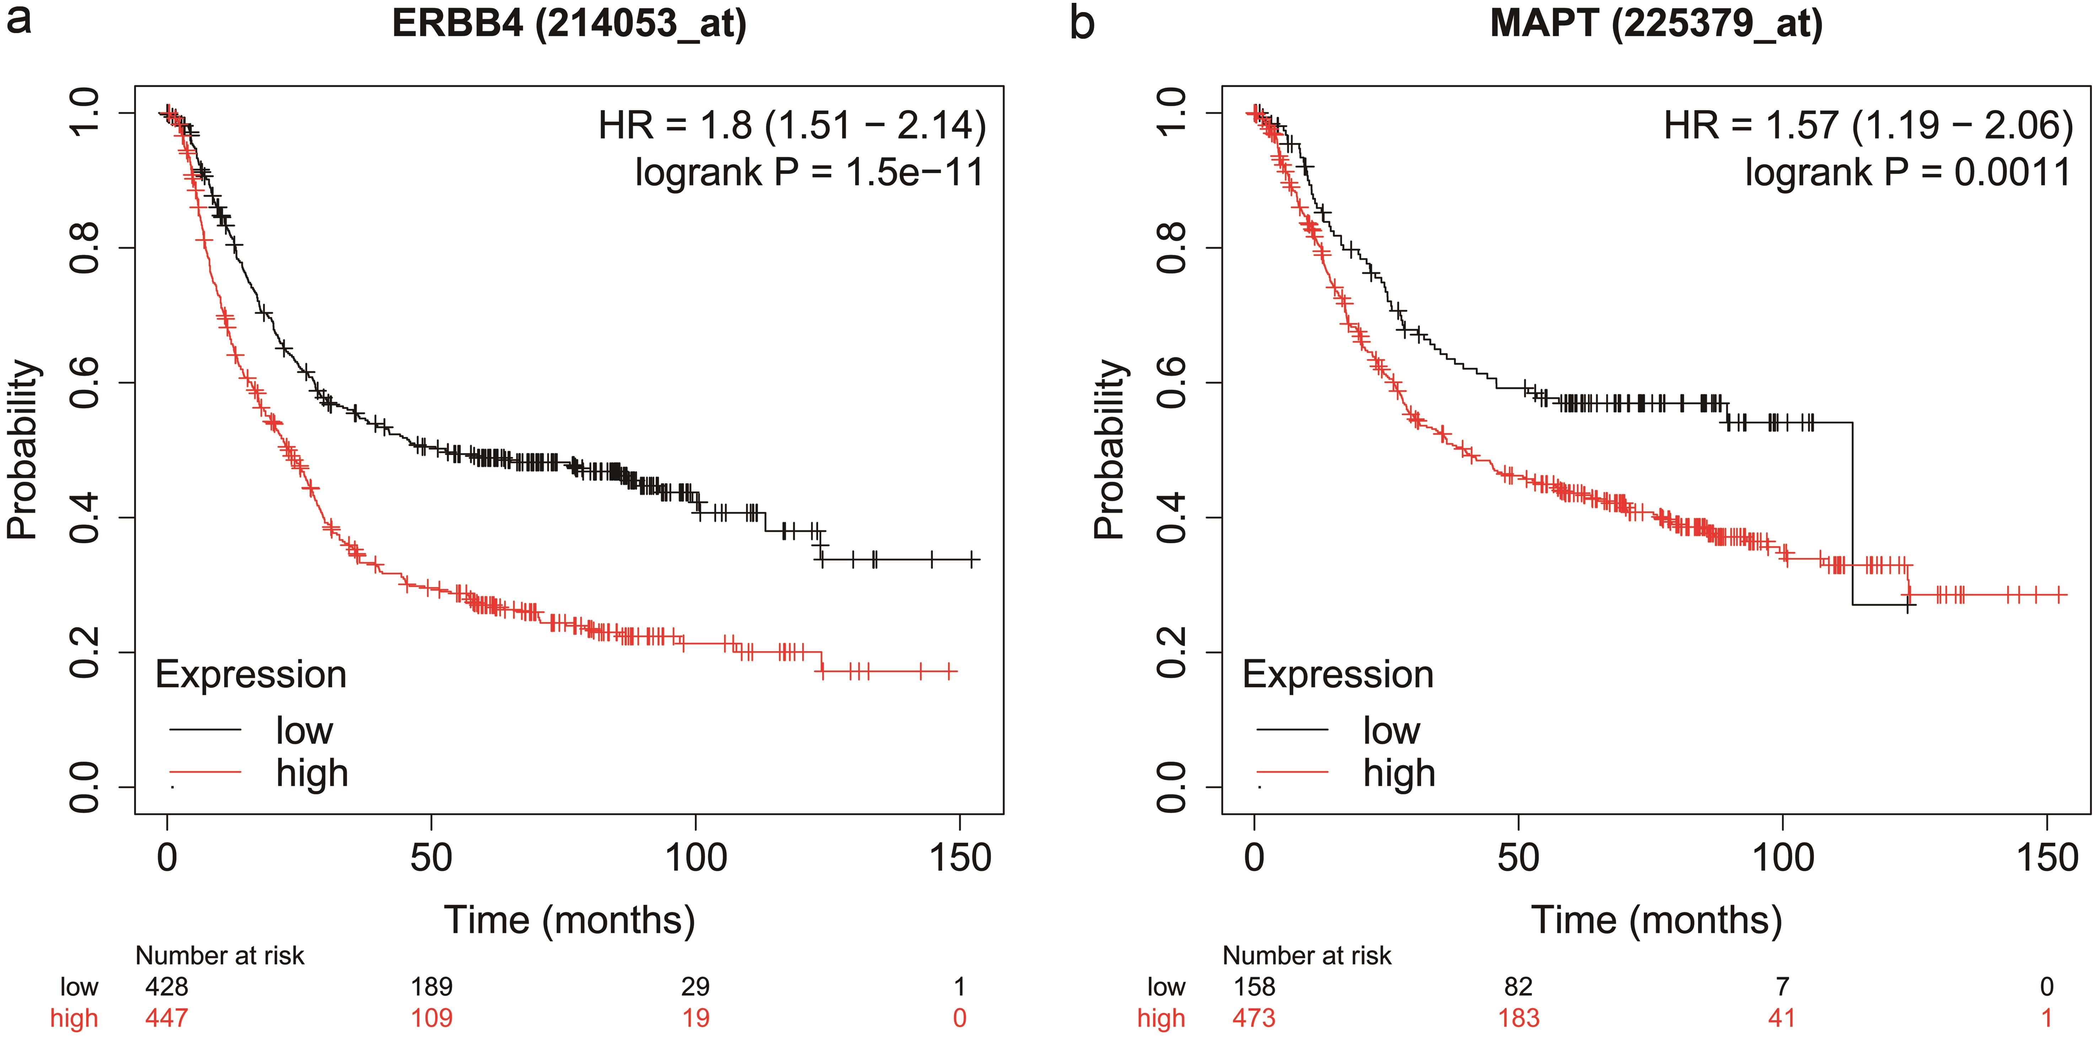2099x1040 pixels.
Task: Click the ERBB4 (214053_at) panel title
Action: click(569, 23)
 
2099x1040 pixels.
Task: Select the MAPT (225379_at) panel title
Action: click(1656, 23)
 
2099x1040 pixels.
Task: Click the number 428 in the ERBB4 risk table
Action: click(166, 987)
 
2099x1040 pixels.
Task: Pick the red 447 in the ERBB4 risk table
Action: click(166, 1018)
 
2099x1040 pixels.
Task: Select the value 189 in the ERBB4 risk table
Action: click(431, 987)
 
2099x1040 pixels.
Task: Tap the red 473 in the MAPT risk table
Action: click(1254, 1018)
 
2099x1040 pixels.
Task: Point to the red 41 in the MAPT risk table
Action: click(1782, 1018)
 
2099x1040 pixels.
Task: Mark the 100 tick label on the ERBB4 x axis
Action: click(695, 858)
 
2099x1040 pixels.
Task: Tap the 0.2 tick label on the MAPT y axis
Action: click(1172, 652)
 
